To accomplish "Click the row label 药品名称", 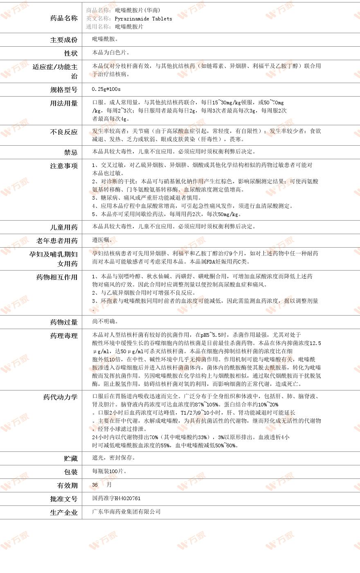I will coord(63,18).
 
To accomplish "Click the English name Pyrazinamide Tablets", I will coord(143,19).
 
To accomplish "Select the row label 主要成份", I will coord(63,40).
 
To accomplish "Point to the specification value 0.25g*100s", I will coord(106,89).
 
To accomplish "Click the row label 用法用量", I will coord(63,103).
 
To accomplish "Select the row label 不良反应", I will coord(63,132).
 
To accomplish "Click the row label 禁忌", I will coord(70,152).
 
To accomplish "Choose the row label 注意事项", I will coord(63,166).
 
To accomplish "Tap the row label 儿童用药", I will coord(63,227).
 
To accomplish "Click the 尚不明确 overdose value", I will coord(106,322).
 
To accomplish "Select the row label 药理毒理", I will coord(63,336).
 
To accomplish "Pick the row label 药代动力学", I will coord(60,397).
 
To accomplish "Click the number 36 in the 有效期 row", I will coord(95,485).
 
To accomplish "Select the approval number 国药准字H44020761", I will coord(116,499).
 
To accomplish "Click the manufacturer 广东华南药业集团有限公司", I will coord(126,512).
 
